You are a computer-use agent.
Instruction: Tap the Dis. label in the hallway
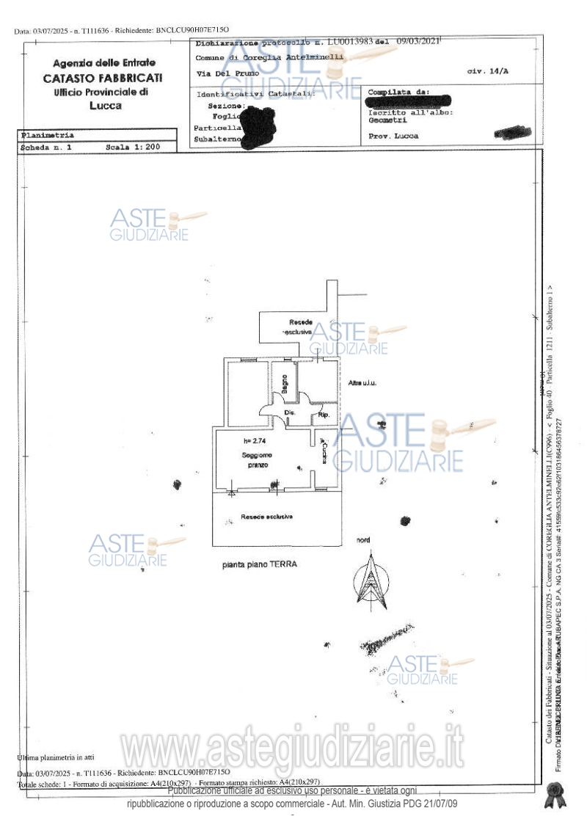(289, 414)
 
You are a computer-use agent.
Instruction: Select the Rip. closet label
(324, 415)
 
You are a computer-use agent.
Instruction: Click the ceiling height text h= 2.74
(258, 441)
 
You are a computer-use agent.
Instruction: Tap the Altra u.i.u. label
(362, 383)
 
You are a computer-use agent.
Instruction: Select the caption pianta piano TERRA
(260, 565)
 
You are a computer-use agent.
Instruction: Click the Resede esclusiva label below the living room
(266, 517)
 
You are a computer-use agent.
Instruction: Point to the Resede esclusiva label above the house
(301, 327)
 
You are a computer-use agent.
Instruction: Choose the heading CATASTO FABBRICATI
(103, 78)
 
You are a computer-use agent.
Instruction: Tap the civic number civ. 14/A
(487, 72)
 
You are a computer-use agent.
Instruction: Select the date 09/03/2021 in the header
(415, 41)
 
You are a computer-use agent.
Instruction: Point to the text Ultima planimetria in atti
(56, 757)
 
